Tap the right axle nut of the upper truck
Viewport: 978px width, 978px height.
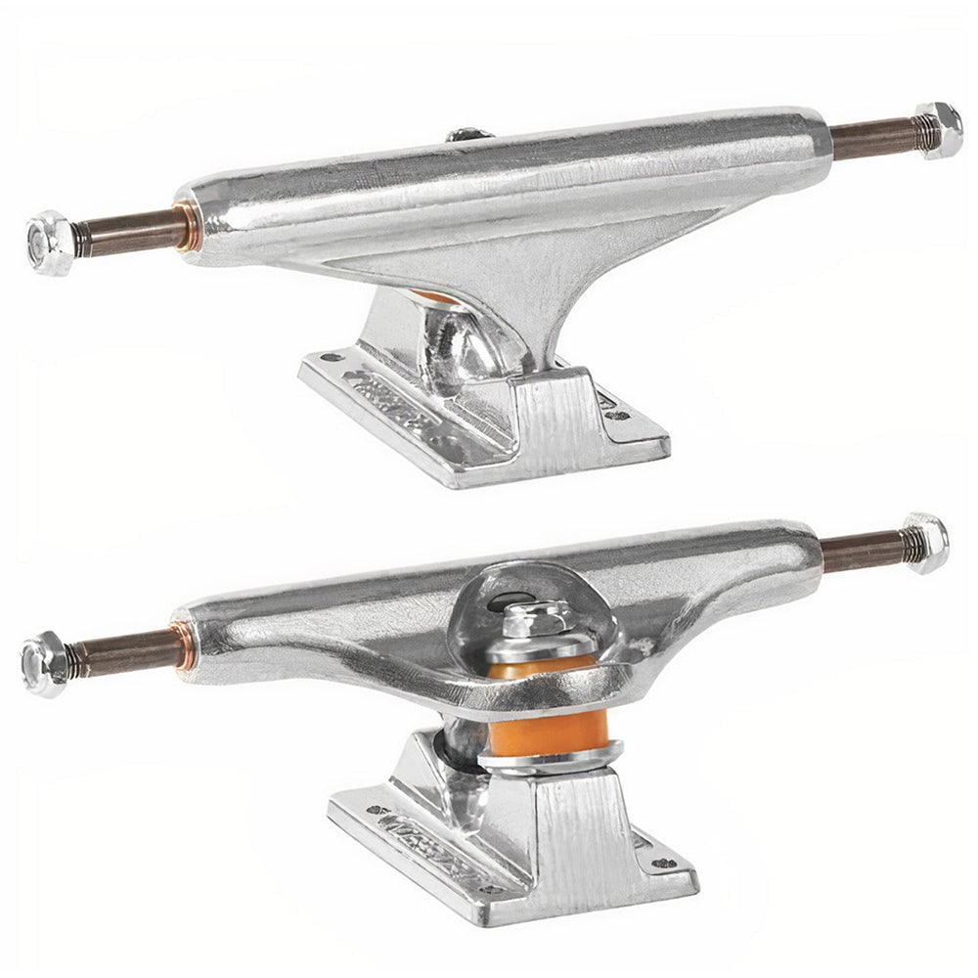940,130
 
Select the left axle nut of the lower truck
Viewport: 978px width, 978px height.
45,664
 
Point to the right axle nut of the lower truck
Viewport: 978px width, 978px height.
926,543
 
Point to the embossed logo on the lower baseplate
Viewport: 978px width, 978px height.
430,843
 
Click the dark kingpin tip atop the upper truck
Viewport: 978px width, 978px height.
469,134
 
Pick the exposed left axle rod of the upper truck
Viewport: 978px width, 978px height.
127,233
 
